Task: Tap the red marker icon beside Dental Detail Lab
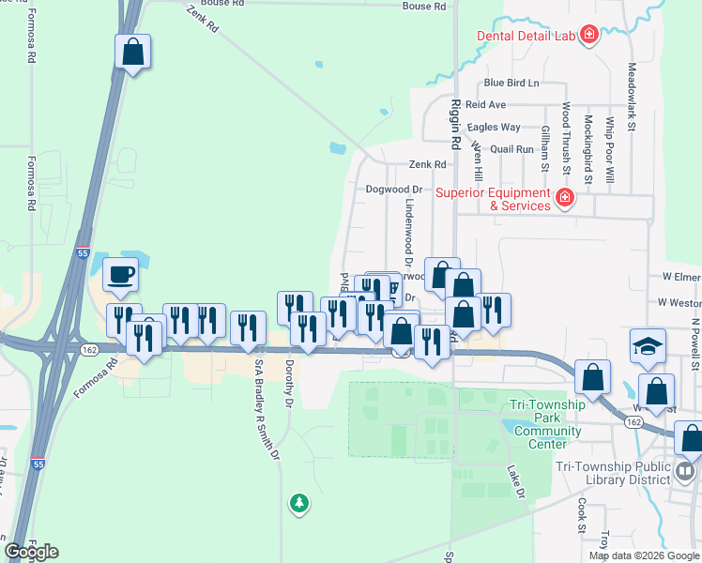[589, 37]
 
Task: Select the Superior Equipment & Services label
[494, 199]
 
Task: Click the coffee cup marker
[120, 275]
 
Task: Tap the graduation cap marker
[648, 346]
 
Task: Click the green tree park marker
[299, 504]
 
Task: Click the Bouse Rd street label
[423, 7]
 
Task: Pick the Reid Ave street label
[485, 105]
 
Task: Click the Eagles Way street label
[494, 128]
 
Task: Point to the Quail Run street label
[511, 149]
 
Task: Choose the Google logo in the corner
[31, 552]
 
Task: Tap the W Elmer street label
[681, 277]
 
